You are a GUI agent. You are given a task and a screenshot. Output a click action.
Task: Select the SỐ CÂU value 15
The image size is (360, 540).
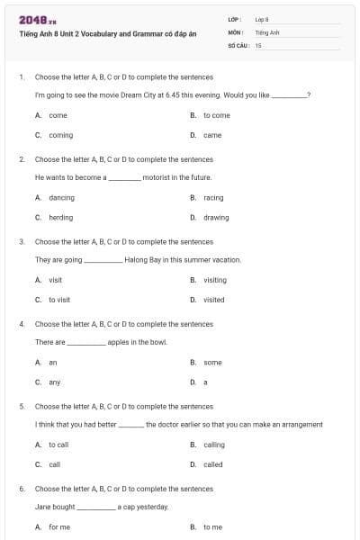pos(258,44)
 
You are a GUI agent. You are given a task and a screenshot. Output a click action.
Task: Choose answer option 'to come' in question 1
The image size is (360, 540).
pos(216,115)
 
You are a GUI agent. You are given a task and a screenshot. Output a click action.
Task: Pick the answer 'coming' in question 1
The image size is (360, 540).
pos(60,135)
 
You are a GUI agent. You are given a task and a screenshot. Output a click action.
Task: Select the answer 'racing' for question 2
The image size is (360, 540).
pos(213,198)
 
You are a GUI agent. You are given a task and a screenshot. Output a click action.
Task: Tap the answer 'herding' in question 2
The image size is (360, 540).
pos(60,218)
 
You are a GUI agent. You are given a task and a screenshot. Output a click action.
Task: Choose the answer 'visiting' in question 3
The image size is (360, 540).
pos(215,280)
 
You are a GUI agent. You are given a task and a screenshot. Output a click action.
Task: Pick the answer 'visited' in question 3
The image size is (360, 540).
pos(214,300)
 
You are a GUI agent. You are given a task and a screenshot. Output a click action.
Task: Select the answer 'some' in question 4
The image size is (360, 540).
pos(212,363)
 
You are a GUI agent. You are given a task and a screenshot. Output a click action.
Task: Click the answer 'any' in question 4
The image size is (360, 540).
pos(55,382)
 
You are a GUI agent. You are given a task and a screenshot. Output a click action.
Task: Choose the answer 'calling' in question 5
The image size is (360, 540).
pos(213,445)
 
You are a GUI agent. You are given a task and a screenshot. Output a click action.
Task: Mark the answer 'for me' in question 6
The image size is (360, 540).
pos(59,527)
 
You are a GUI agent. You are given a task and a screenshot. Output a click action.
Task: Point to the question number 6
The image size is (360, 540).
pos(22,488)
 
